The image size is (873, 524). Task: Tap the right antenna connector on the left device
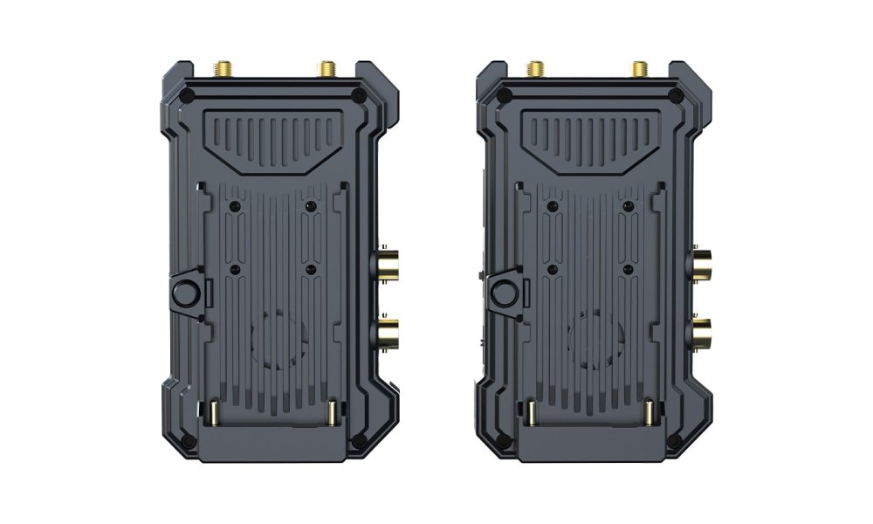point(327,68)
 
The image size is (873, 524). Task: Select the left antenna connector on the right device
point(533,68)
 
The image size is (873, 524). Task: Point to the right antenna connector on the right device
point(640,68)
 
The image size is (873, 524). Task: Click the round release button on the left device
point(187,293)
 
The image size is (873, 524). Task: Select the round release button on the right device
point(502,293)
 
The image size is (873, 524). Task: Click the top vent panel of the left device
point(270,139)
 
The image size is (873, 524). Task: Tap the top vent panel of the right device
point(585,139)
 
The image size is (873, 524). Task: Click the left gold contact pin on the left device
point(212,410)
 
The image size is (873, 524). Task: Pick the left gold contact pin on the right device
point(529,410)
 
